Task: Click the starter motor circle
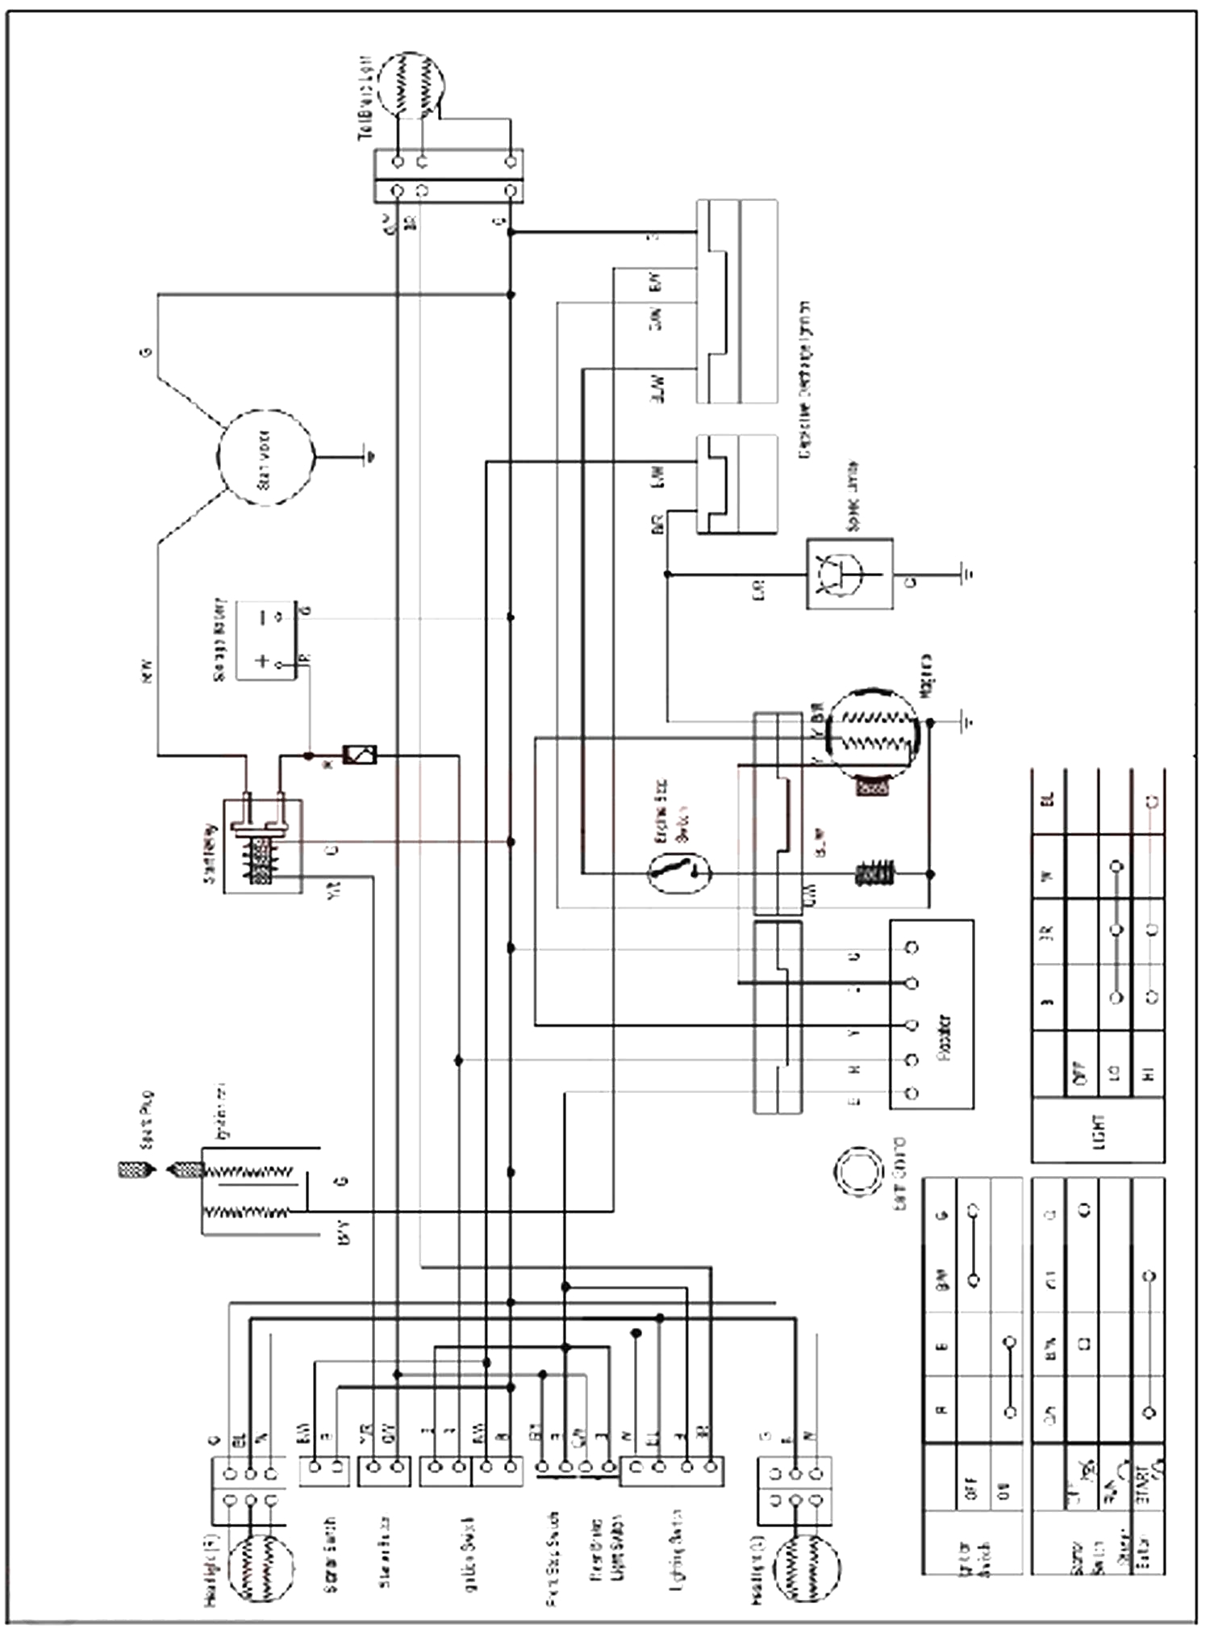265,458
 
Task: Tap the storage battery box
265,641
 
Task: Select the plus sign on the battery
262,661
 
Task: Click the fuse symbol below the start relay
360,756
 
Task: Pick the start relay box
262,846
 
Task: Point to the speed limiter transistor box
849,574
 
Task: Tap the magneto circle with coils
874,727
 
